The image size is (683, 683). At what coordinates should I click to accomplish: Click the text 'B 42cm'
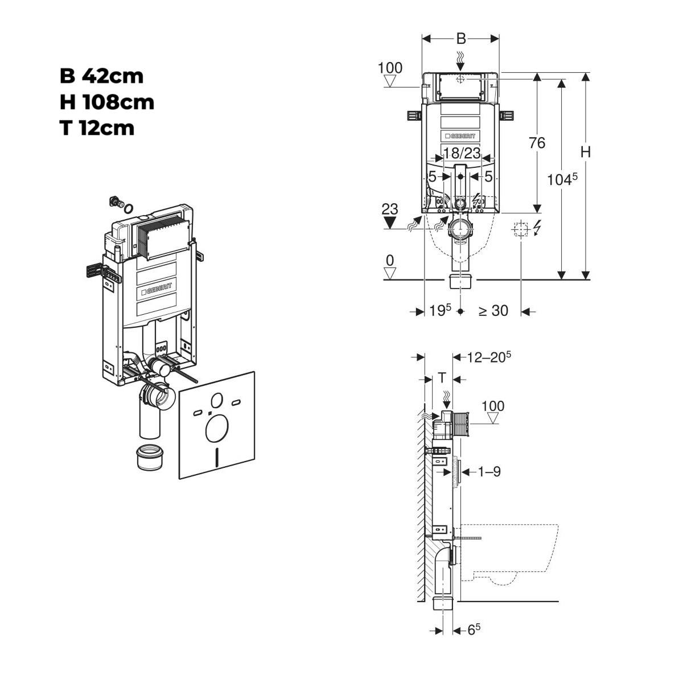click(101, 76)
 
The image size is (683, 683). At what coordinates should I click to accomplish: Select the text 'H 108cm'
click(107, 102)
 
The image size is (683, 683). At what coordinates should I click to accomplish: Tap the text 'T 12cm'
click(97, 129)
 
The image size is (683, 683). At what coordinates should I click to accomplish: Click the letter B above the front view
click(461, 38)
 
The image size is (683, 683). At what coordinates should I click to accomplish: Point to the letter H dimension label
click(586, 152)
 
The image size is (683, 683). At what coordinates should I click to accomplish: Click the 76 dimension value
click(537, 143)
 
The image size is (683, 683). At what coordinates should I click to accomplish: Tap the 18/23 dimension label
click(462, 153)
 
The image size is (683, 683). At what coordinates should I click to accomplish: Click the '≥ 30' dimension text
click(493, 311)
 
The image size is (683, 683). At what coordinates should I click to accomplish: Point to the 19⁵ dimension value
click(440, 310)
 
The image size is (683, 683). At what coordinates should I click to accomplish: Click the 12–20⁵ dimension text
click(489, 356)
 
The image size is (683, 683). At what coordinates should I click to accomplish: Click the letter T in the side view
click(442, 378)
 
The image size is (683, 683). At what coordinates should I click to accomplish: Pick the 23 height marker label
click(389, 209)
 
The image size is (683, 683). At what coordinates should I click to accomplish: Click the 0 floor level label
click(389, 261)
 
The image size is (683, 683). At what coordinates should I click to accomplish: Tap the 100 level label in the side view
click(493, 406)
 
